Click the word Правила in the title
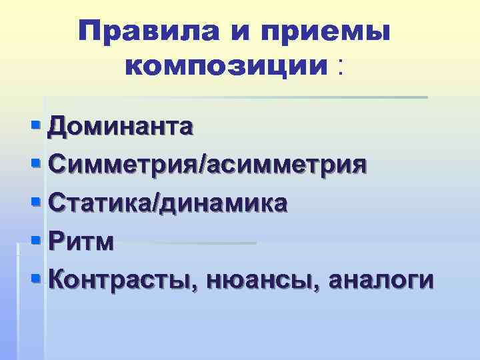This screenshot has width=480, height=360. pos(137,31)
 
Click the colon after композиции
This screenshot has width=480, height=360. pos(343,67)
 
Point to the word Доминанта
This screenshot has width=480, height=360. pos(121,125)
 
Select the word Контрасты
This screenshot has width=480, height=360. pos(123,279)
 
